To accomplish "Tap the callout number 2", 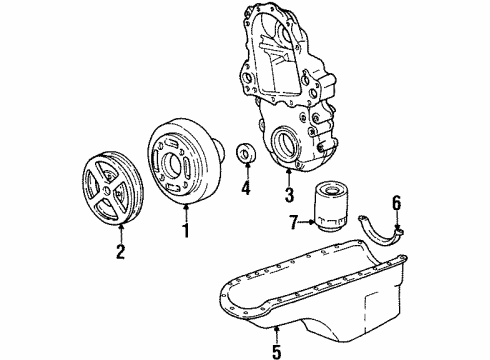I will (122, 253).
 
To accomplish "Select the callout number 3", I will (288, 194).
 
